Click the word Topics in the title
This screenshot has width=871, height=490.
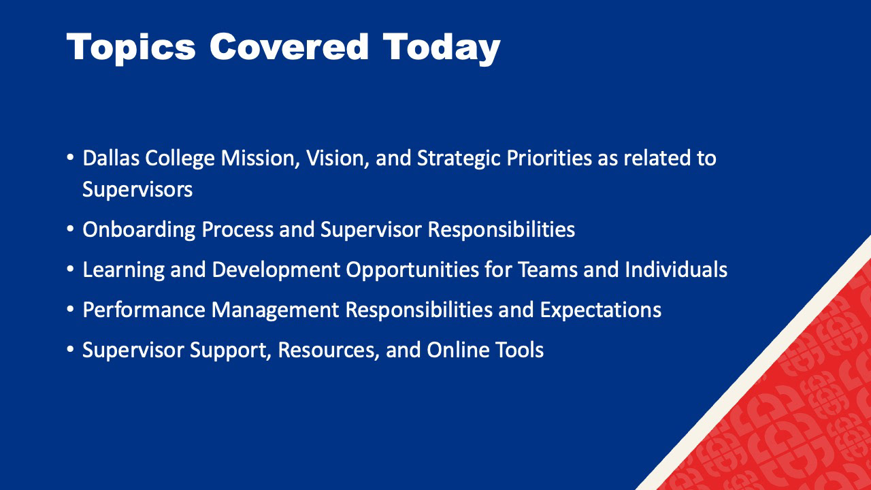pyautogui.click(x=131, y=48)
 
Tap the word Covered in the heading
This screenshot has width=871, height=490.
pyautogui.click(x=289, y=47)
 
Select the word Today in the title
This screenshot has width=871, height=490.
pyautogui.click(x=442, y=48)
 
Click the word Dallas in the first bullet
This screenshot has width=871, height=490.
pyautogui.click(x=111, y=159)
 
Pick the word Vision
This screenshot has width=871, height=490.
pyautogui.click(x=338, y=159)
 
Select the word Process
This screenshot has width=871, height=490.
pyautogui.click(x=237, y=230)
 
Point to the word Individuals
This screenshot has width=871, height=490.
pyautogui.click(x=676, y=270)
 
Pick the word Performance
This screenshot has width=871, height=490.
pyautogui.click(x=144, y=310)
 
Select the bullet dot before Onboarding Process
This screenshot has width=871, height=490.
pyautogui.click(x=70, y=229)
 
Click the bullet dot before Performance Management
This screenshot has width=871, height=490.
pyautogui.click(x=70, y=310)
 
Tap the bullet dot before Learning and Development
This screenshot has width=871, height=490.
pyautogui.click(x=70, y=269)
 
